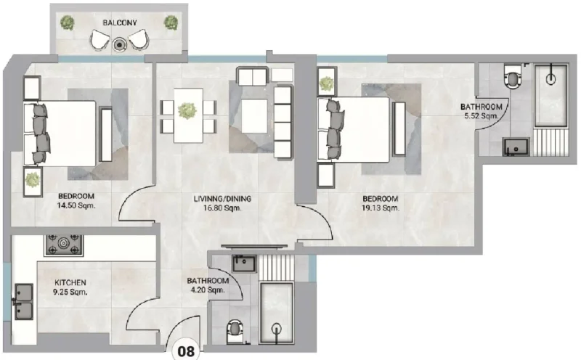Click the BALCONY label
click(x=117, y=22)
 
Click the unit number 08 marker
click(x=187, y=351)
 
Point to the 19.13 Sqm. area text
click(x=381, y=208)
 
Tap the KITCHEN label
click(x=70, y=282)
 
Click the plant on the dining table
click(x=188, y=110)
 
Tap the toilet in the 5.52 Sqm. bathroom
click(x=513, y=76)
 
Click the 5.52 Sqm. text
click(x=481, y=116)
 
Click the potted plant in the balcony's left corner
click(x=67, y=22)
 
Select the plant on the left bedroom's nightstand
click(x=33, y=179)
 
